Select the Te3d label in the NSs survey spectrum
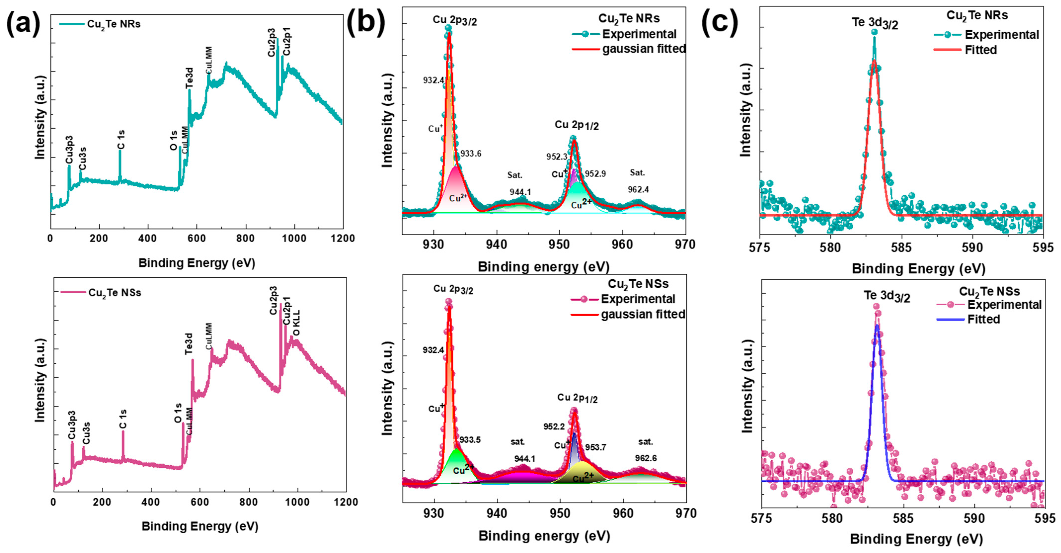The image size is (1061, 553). (189, 344)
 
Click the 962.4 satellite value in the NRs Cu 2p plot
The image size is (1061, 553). (638, 190)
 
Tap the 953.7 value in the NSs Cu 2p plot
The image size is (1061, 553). (596, 448)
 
